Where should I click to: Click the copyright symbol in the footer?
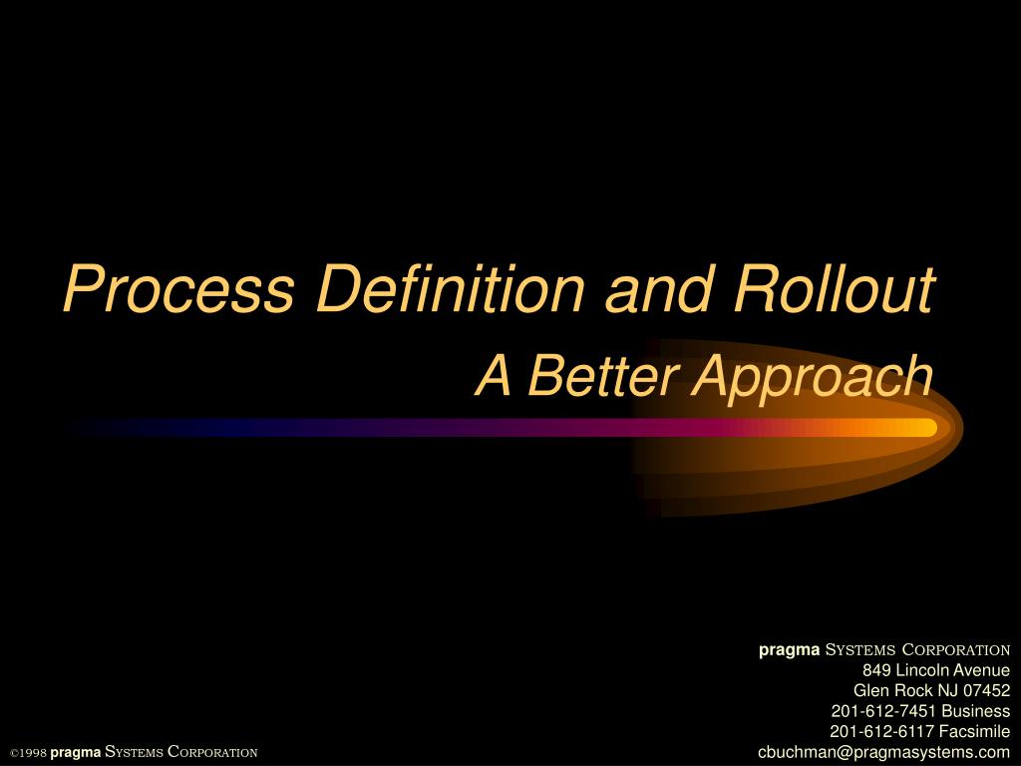pyautogui.click(x=13, y=752)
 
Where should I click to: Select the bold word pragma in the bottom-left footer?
pyautogui.click(x=76, y=752)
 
